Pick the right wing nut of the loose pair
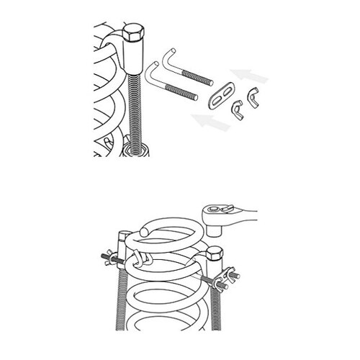pos(253,95)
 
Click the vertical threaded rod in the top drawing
pos(134,108)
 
